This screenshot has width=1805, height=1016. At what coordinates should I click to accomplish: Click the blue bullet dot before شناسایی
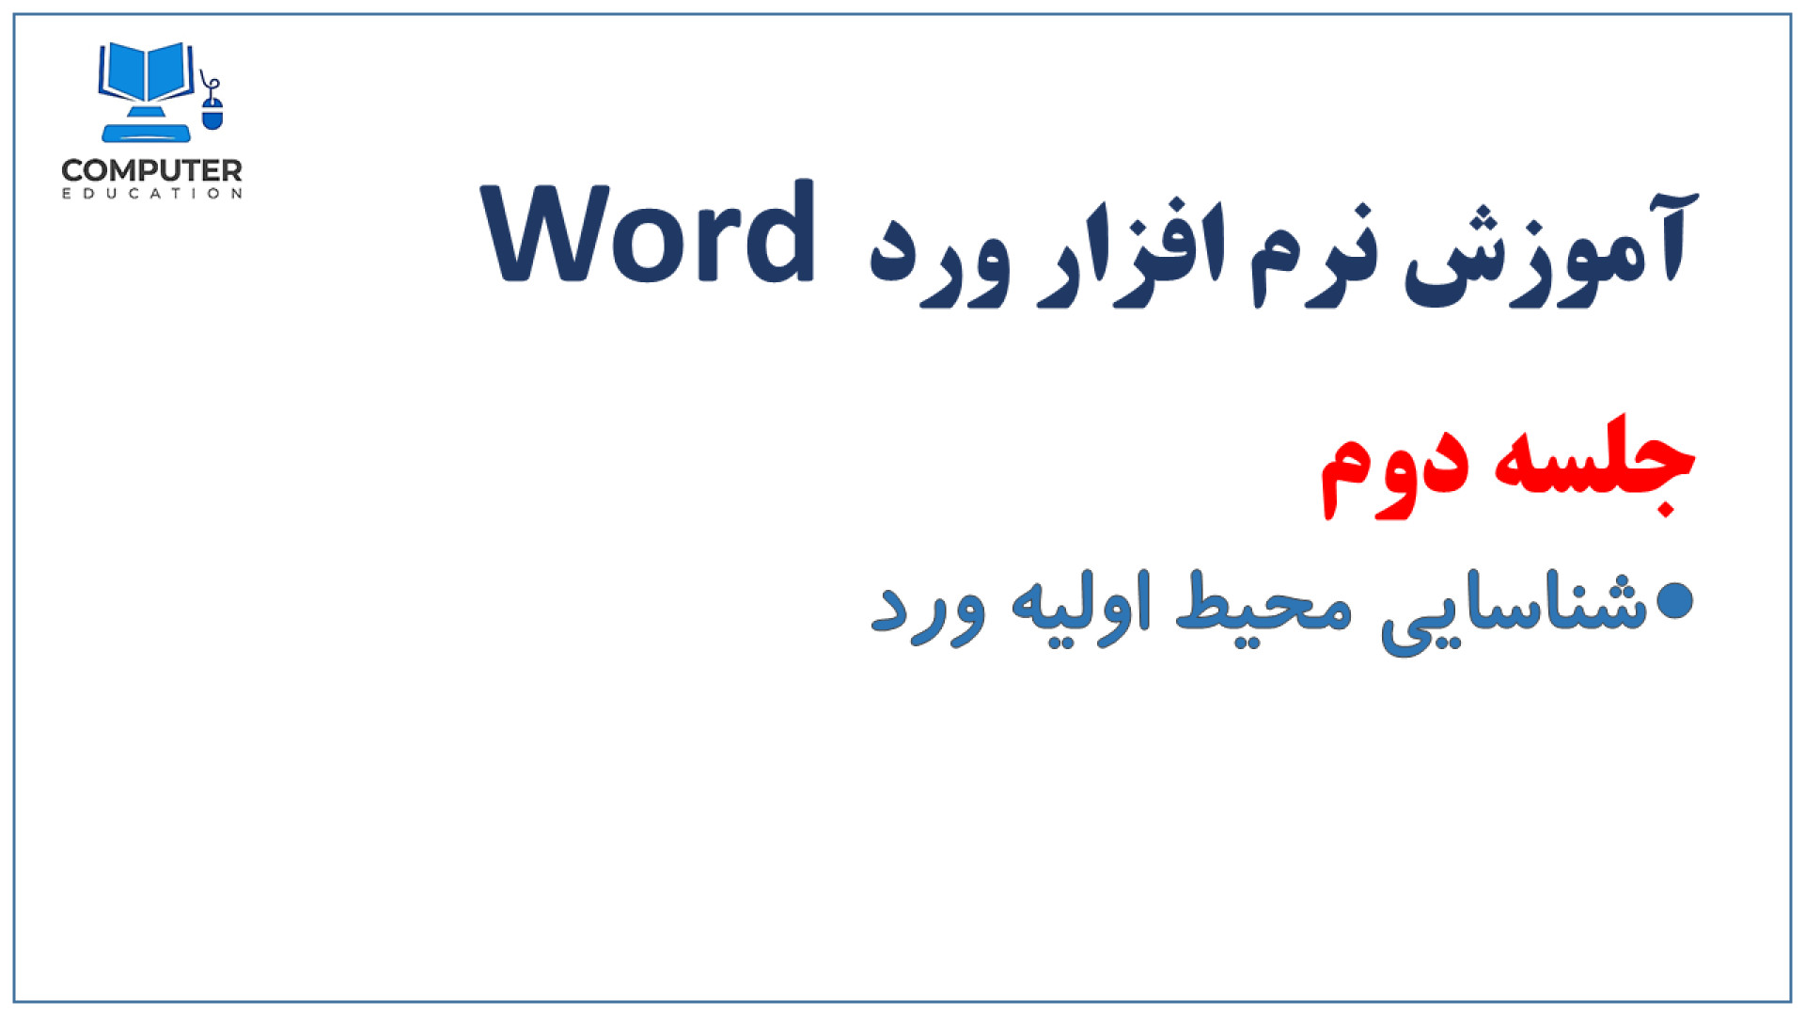pyautogui.click(x=1674, y=601)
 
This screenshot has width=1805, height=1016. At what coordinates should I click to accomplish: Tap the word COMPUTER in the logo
pyautogui.click(x=151, y=170)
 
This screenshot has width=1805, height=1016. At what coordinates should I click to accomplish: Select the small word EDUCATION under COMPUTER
pyautogui.click(x=152, y=194)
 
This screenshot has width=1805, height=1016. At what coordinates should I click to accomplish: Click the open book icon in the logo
pyautogui.click(x=147, y=72)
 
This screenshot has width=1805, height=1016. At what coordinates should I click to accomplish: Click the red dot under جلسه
pyautogui.click(x=1665, y=509)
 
